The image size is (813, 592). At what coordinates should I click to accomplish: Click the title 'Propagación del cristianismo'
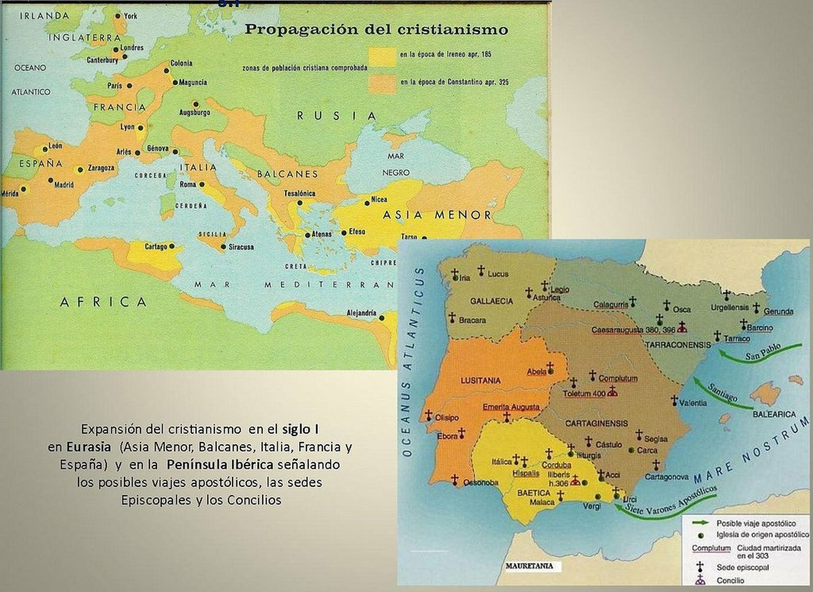376,29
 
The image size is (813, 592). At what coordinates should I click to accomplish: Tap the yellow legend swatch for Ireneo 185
382,56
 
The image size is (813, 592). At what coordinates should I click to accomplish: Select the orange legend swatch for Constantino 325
382,83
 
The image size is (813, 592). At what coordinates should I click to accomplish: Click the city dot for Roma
202,185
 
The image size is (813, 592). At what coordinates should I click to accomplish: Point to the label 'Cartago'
155,247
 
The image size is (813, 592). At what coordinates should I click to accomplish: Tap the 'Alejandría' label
361,313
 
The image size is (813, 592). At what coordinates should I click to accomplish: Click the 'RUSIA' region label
336,116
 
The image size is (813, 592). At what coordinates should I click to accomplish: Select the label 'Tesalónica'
299,193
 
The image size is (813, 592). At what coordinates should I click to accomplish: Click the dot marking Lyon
141,128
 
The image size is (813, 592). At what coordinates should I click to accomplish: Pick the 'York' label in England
131,16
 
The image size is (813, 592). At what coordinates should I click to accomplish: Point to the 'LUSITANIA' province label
480,380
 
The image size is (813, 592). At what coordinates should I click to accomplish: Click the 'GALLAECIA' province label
491,301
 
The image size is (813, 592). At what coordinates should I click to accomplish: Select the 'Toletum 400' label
584,394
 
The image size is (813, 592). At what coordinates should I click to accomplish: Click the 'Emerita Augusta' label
511,407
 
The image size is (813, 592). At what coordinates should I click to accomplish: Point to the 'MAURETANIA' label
529,566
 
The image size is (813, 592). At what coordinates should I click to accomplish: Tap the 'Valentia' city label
693,403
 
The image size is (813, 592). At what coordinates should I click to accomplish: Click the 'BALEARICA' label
774,415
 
